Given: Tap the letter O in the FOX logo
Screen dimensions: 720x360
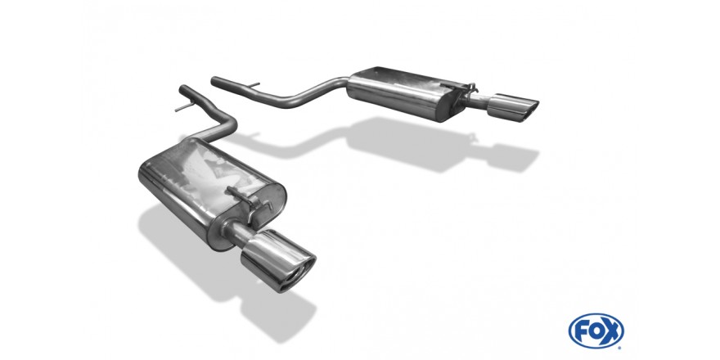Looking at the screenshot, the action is click(x=595, y=331).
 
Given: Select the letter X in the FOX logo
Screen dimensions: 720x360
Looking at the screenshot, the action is click(x=612, y=331).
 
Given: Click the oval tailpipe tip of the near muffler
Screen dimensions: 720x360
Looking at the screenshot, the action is click(x=278, y=261).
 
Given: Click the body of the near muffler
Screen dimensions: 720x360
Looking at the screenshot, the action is click(x=212, y=193).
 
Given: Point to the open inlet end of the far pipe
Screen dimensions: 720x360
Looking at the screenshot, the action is click(x=214, y=80).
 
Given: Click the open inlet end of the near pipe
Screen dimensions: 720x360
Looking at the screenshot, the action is click(x=182, y=88).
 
